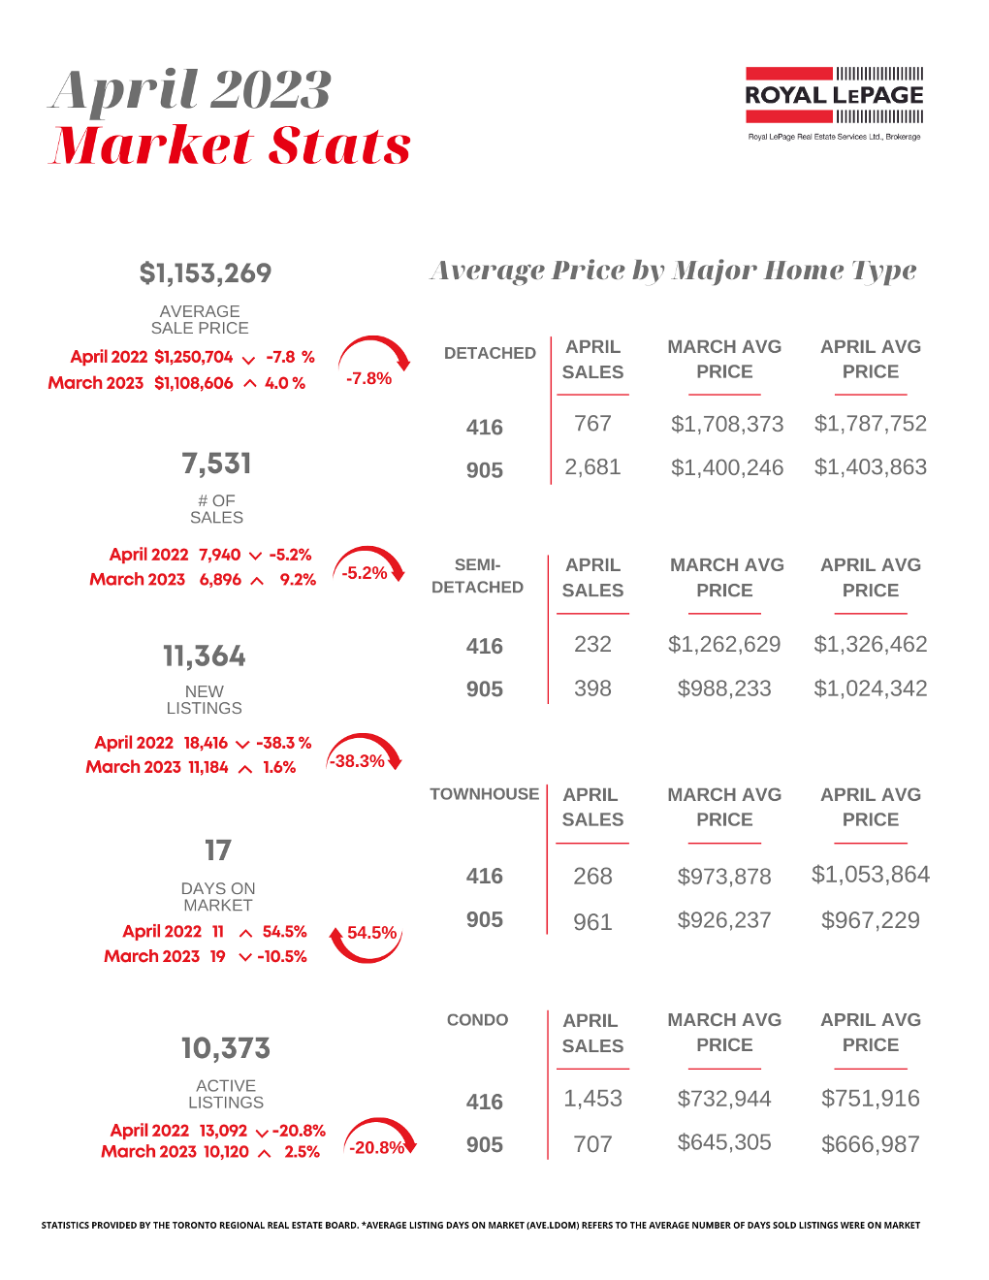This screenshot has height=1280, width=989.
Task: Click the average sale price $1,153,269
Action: tap(206, 273)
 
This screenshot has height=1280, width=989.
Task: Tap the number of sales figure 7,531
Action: tap(216, 464)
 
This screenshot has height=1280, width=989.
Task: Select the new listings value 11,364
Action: tap(205, 656)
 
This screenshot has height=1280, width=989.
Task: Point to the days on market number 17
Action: tap(218, 850)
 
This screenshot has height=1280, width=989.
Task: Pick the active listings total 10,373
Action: tap(226, 1048)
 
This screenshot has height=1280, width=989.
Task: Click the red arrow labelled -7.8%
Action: tap(373, 364)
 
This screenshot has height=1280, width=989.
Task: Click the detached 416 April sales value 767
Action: tap(592, 424)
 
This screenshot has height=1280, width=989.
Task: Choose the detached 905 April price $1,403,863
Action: tap(871, 467)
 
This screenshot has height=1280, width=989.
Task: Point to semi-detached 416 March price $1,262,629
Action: tap(724, 644)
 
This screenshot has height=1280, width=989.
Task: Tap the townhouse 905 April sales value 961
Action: tap(592, 921)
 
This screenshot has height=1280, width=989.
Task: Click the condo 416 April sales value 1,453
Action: tap(592, 1099)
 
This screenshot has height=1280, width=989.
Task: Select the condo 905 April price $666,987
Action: tap(871, 1144)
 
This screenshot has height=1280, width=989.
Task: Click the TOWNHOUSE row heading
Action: tap(485, 794)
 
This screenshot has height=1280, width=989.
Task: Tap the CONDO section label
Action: tap(477, 1020)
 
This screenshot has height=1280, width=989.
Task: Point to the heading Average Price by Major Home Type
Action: tap(673, 271)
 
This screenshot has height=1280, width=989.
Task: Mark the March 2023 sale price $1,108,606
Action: tap(194, 383)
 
